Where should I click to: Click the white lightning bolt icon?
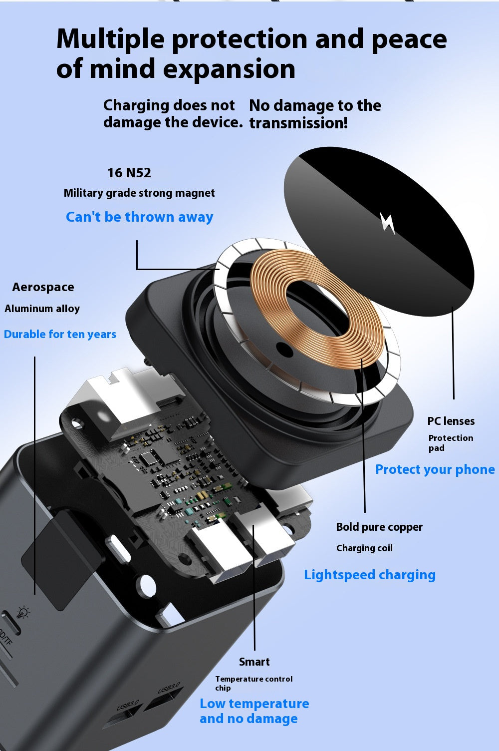[x=388, y=223]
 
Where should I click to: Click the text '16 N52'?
[x=129, y=173]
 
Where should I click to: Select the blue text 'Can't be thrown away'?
[x=139, y=217]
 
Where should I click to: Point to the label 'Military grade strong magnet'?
[x=139, y=193]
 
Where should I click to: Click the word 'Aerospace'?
[x=43, y=287]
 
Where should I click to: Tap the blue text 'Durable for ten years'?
[x=60, y=334]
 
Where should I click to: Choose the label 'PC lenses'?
[x=451, y=421]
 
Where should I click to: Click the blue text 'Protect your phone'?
[x=435, y=470]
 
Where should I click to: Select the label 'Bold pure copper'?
[x=379, y=527]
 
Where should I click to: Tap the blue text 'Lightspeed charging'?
[x=370, y=575]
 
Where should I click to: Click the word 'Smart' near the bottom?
[x=254, y=662]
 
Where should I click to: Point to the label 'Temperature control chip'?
[x=253, y=683]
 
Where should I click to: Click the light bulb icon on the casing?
[x=23, y=612]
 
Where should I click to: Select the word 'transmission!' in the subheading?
[x=298, y=123]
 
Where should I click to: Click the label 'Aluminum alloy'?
[x=42, y=309]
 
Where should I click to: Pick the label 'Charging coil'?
[x=364, y=548]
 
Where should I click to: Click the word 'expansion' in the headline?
[x=229, y=69]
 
